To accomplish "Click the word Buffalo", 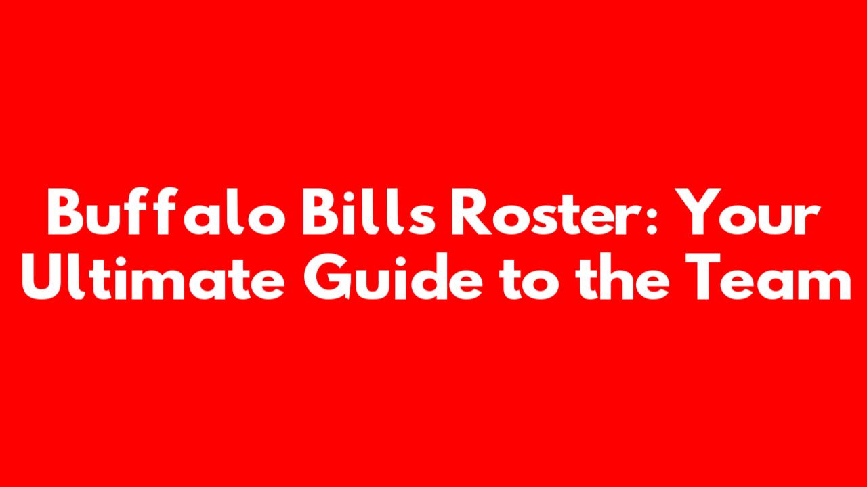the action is click(x=167, y=212).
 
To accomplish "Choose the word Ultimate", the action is click(x=153, y=277).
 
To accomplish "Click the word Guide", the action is click(x=394, y=277).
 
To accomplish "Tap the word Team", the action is click(x=769, y=277).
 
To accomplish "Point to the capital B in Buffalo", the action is click(x=64, y=211).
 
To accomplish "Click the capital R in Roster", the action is click(x=471, y=211).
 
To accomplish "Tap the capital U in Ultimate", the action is click(x=42, y=277).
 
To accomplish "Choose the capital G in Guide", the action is click(x=327, y=277).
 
